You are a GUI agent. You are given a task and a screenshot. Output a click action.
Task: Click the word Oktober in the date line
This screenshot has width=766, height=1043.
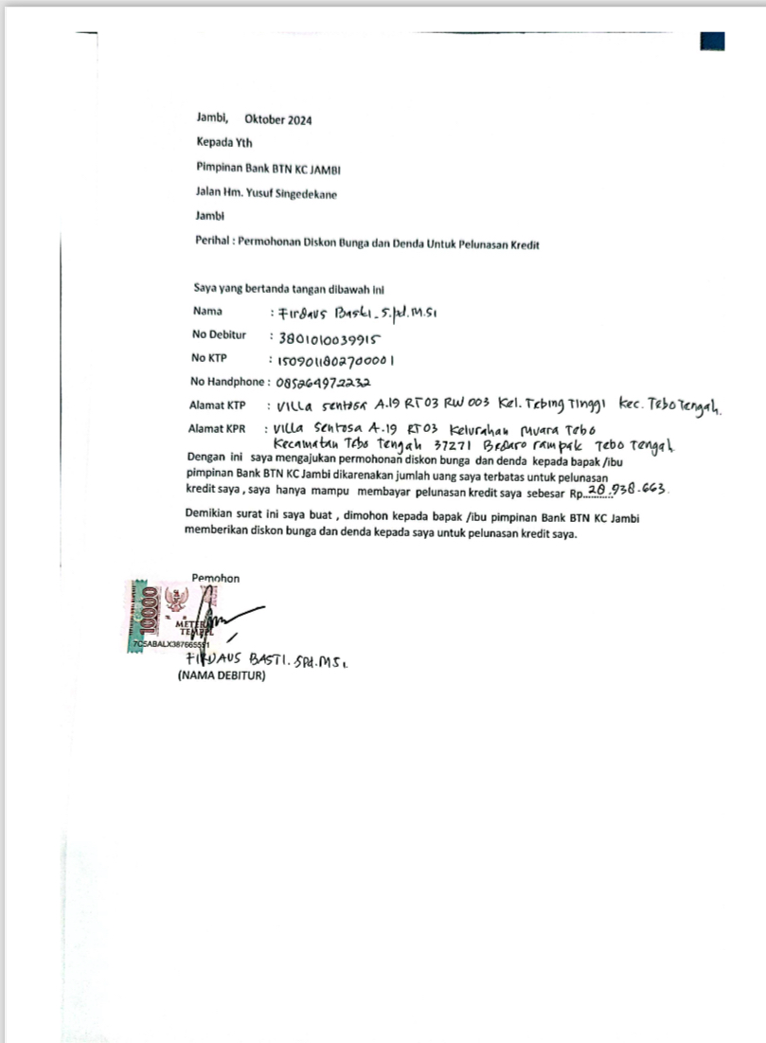click(x=267, y=120)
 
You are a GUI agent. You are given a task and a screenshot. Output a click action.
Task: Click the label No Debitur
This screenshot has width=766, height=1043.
click(x=219, y=335)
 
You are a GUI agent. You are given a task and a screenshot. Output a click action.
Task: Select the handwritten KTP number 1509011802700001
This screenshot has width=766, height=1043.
click(x=336, y=360)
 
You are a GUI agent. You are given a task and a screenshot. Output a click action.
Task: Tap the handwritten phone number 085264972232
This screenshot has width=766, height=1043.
click(x=324, y=383)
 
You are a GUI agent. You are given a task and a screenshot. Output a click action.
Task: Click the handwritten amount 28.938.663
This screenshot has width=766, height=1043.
click(x=628, y=489)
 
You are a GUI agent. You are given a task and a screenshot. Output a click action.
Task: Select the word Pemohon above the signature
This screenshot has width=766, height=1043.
click(x=216, y=578)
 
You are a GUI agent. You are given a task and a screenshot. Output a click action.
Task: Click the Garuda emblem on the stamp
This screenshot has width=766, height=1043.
click(x=175, y=601)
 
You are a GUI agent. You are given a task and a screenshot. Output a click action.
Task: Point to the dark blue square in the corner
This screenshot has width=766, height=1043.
click(x=712, y=41)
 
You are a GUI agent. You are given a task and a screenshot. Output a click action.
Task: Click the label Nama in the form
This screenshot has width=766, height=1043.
click(x=207, y=311)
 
